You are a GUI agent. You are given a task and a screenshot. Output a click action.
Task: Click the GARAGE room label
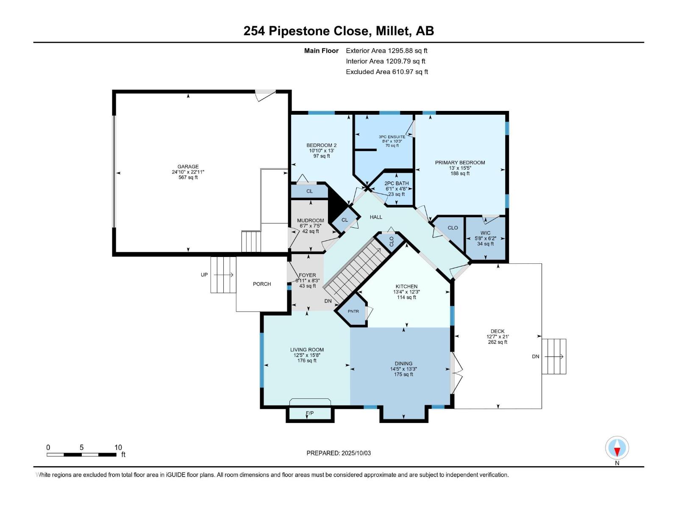tap(188, 166)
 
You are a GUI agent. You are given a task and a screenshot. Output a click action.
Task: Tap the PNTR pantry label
tap(353, 311)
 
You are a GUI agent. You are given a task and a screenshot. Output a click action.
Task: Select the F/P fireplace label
tap(309, 413)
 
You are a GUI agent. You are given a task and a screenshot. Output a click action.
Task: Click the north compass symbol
tap(617, 447)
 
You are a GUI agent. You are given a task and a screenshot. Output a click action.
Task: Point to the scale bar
tap(81, 455)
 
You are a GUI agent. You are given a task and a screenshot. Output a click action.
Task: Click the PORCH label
tap(261, 284)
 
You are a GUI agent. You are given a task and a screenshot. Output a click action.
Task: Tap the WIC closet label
tap(485, 233)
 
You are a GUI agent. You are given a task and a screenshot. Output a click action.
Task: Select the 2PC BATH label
tap(396, 183)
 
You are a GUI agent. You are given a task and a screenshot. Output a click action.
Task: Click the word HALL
tap(376, 217)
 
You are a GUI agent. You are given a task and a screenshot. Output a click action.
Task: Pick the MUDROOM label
tap(311, 221)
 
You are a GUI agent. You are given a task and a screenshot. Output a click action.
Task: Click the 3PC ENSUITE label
tap(392, 137)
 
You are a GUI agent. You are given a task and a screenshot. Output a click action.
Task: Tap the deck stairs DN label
tap(535, 356)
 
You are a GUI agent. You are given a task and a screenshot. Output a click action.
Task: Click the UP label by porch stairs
tap(204, 275)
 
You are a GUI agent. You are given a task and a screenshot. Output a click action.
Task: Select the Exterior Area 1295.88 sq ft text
tap(386, 50)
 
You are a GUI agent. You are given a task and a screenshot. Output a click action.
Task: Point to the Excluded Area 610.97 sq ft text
tap(387, 72)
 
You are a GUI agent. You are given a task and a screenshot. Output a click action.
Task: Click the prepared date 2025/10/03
tap(356, 453)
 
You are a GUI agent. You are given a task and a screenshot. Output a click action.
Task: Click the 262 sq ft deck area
tap(497, 342)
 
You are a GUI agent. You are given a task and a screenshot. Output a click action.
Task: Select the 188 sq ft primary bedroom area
tap(460, 174)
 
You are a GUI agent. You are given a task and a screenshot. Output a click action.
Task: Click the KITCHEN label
tap(406, 287)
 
